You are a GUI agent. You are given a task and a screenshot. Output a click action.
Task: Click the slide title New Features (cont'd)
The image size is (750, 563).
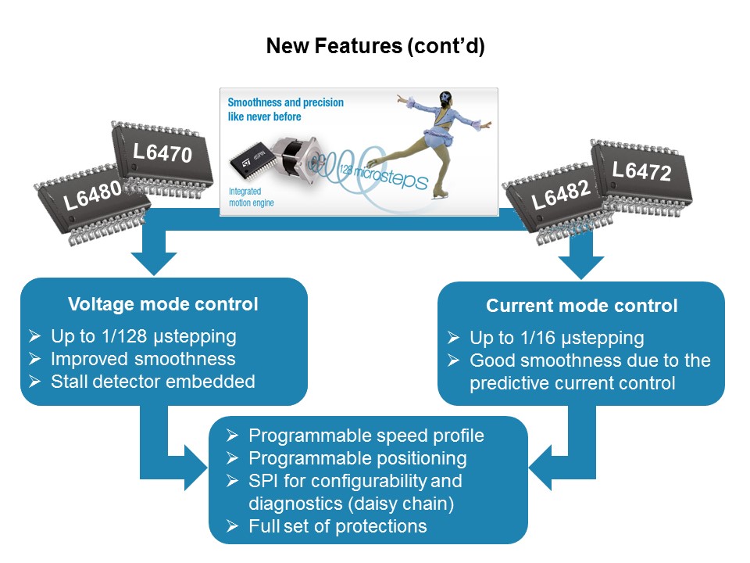(375, 46)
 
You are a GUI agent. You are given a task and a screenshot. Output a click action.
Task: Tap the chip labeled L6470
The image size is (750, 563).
(161, 156)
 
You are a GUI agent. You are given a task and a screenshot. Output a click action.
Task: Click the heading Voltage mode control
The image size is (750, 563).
(163, 304)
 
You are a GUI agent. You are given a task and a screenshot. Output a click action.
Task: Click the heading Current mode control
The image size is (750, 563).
(581, 306)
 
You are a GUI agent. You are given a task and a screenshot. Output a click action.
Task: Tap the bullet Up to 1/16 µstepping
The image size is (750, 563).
(556, 338)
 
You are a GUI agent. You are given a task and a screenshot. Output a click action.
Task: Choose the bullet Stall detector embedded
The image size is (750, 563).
(153, 382)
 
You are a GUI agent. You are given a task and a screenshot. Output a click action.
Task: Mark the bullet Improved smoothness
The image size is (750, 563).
(143, 359)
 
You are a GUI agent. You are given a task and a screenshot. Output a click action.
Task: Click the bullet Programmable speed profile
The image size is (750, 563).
(366, 436)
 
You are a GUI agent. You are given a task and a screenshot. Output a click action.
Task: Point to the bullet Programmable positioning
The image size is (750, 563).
(357, 458)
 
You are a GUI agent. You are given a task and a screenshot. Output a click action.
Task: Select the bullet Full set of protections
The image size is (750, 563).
(337, 526)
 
